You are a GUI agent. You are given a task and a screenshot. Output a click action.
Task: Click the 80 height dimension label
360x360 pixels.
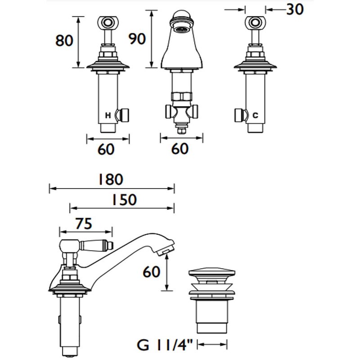(x=64, y=40)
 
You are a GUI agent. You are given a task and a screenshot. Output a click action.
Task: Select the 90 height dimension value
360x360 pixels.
(x=137, y=39)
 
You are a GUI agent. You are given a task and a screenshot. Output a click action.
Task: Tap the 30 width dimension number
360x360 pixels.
(x=295, y=9)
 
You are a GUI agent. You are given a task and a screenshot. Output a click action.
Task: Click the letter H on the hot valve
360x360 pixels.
(x=108, y=115)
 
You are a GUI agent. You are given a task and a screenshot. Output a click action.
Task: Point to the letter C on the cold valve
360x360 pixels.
(x=255, y=115)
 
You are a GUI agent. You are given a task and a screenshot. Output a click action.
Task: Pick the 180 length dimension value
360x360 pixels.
(x=111, y=179)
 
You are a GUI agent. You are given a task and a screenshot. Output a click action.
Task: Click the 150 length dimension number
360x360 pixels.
(x=124, y=199)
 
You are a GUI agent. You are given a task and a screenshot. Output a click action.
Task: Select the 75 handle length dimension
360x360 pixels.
(x=84, y=223)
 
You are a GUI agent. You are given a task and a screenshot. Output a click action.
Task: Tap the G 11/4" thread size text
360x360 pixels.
(x=165, y=345)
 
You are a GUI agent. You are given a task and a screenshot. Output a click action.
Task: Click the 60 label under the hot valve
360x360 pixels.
(x=106, y=149)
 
